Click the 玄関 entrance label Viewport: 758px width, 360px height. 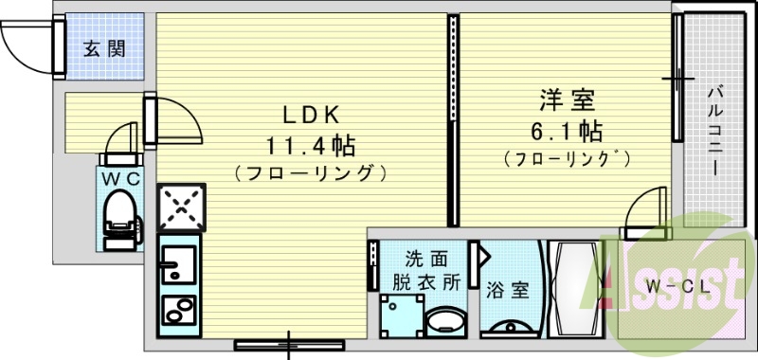[x=104, y=48]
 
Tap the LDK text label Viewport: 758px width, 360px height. [x=309, y=115]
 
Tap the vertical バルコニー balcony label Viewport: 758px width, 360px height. [x=715, y=127]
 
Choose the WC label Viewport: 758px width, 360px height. [x=121, y=177]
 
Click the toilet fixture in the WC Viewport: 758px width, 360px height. [x=121, y=213]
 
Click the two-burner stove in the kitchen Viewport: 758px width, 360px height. [x=175, y=310]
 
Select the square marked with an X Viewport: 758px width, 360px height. [x=178, y=207]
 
